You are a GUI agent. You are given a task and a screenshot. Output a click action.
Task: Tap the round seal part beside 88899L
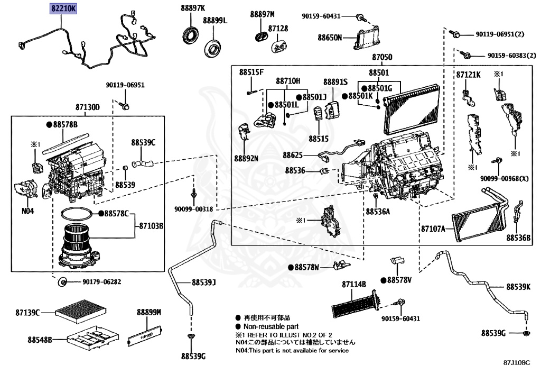click(213, 49)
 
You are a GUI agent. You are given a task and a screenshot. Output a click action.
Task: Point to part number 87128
click(278, 29)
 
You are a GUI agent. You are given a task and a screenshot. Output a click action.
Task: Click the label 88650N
click(330, 38)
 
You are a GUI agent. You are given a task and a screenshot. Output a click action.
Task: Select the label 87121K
click(468, 75)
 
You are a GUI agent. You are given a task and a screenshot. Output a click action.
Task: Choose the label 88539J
click(204, 282)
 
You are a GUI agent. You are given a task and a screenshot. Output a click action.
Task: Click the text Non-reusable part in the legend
click(266, 327)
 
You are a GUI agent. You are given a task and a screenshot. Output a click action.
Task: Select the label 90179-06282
click(101, 281)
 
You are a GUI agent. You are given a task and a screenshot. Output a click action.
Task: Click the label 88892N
click(247, 158)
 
